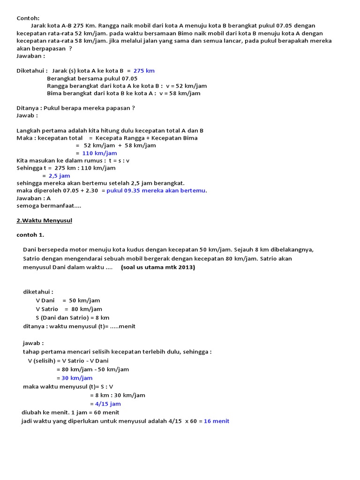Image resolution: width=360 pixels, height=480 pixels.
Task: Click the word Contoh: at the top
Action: (28, 18)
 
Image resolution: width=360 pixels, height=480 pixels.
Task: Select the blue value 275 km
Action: (144, 71)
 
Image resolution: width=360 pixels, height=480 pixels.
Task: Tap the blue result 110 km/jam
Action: (99, 153)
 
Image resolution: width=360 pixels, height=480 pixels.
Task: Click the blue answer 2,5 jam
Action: (59, 176)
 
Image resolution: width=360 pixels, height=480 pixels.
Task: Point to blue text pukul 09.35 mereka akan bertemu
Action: (156, 191)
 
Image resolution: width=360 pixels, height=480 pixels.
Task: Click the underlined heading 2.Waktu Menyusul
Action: (44, 220)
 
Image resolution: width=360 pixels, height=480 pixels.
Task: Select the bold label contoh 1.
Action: (30, 235)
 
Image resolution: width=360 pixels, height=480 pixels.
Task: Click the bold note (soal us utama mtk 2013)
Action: (158, 268)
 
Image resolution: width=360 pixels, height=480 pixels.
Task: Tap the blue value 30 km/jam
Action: (77, 378)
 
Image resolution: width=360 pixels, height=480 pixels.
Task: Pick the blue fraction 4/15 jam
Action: (108, 404)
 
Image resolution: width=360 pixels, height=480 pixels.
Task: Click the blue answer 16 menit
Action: (217, 421)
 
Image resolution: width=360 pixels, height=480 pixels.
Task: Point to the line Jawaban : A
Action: (34, 198)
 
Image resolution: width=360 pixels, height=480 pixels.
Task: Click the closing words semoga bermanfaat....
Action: (49, 206)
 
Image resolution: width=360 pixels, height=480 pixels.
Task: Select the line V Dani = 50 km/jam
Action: (67, 300)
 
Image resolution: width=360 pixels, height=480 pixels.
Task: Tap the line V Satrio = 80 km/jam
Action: (68, 309)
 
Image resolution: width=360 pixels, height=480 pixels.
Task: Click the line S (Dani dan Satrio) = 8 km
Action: (72, 317)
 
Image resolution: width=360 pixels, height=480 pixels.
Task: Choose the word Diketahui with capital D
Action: (31, 71)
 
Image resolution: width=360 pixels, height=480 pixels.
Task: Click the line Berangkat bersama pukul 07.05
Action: (92, 78)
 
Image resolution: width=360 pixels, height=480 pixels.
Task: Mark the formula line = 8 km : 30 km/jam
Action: (117, 395)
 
